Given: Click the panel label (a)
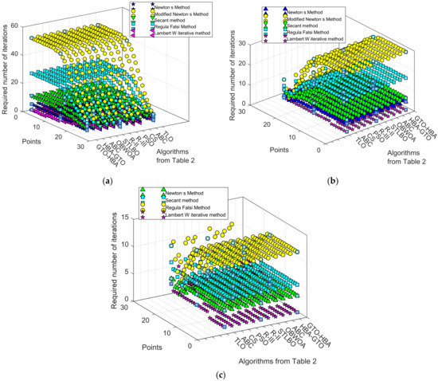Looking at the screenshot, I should pyautogui.click(x=107, y=182).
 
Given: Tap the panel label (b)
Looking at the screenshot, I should pyautogui.click(x=330, y=182).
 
